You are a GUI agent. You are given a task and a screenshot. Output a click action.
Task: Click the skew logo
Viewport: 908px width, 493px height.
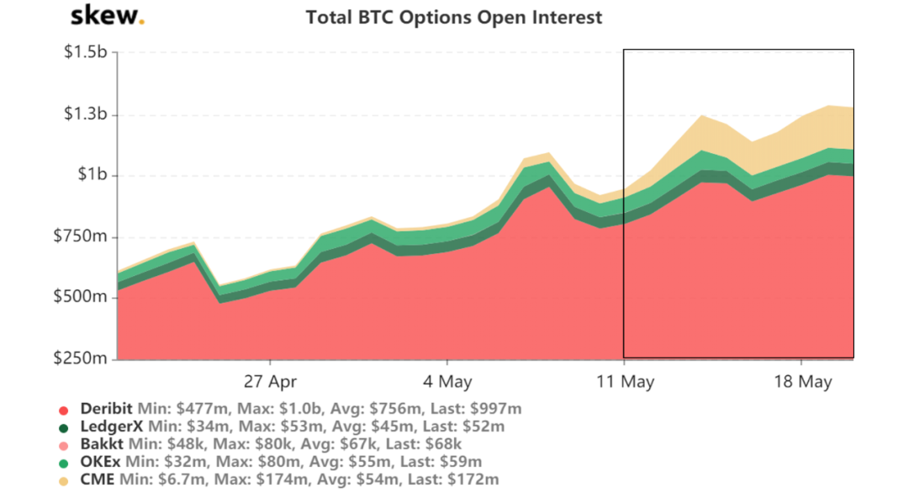108,15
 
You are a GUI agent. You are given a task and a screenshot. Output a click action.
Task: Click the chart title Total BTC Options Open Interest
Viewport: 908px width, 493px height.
454,17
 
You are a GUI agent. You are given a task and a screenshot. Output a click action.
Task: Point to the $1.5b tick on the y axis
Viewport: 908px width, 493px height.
85,53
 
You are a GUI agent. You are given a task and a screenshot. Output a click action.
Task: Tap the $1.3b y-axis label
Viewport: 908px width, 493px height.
85,114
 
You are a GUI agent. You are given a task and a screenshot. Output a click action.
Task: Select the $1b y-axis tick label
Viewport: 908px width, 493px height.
92,176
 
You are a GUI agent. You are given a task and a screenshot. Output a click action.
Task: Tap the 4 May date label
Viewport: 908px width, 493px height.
447,381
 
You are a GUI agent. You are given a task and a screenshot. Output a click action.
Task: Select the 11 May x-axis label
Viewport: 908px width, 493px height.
625,381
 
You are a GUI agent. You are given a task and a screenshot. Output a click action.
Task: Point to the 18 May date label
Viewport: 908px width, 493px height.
802,381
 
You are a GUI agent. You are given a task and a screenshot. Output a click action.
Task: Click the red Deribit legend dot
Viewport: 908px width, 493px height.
63,410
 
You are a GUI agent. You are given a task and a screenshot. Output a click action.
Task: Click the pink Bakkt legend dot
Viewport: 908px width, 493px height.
63,444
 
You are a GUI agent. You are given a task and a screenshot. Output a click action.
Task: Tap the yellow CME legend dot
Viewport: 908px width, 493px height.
63,480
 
